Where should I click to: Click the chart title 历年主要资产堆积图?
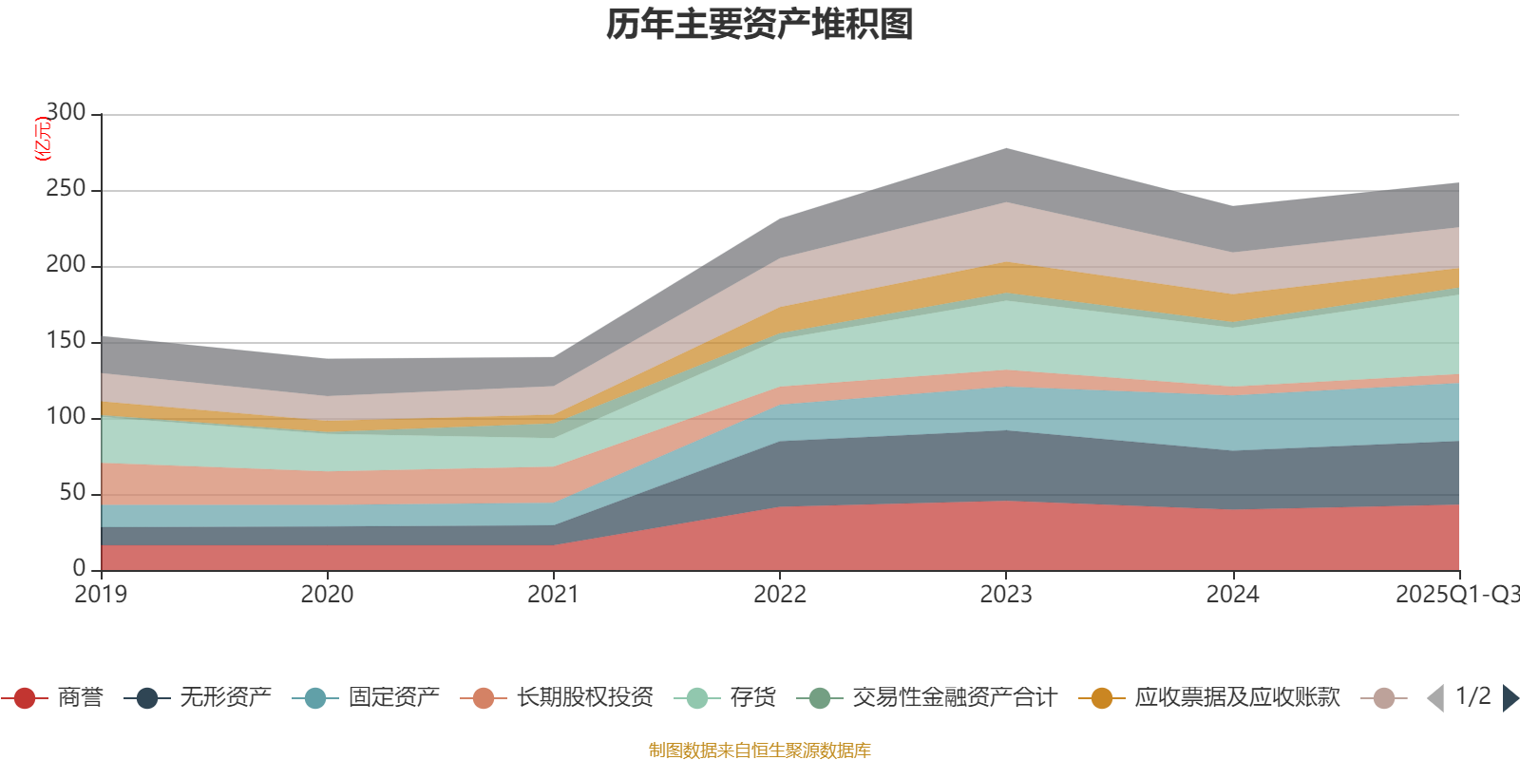[760, 25]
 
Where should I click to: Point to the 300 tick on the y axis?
[66, 113]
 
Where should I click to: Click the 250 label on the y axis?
[66, 189]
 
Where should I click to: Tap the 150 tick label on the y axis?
[66, 341]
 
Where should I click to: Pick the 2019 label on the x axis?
[101, 595]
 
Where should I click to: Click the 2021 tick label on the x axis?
[553, 595]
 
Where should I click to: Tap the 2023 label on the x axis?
[1006, 595]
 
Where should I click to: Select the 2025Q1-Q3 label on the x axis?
[1456, 595]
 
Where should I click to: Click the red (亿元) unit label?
[42, 140]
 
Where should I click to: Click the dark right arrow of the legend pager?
[1510, 698]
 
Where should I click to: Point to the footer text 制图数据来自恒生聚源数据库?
[760, 750]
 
